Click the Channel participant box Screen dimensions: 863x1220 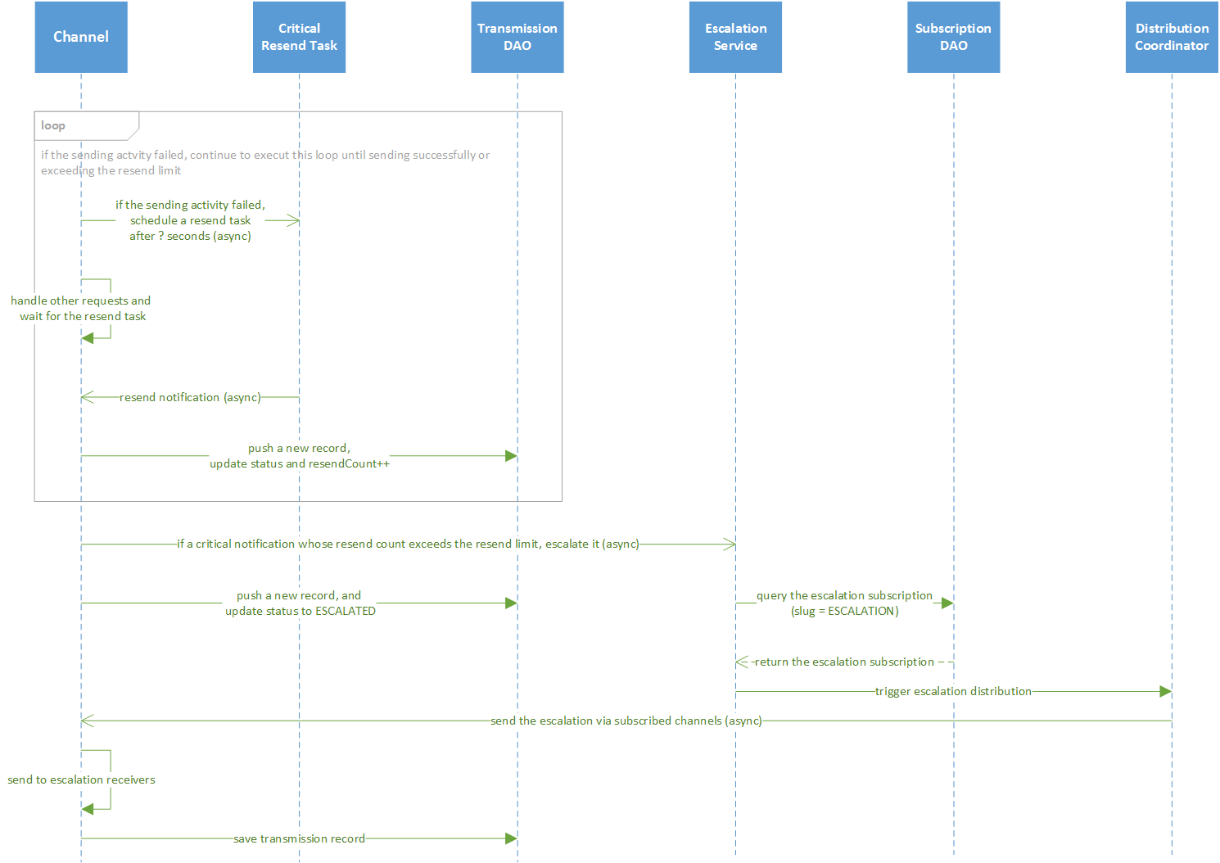click(81, 37)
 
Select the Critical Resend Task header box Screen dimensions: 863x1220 click(299, 37)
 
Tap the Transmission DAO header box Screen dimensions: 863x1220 click(517, 37)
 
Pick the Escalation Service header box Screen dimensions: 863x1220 click(735, 37)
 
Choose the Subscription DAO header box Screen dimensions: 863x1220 click(953, 37)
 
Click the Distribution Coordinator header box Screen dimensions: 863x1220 click(1172, 37)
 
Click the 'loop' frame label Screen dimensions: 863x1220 click(53, 125)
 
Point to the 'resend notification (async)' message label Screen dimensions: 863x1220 click(190, 397)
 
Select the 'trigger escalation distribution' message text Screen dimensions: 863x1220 click(953, 691)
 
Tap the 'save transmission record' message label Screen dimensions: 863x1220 click(299, 838)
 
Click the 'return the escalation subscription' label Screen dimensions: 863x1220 click(844, 662)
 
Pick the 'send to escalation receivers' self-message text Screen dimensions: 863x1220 click(81, 779)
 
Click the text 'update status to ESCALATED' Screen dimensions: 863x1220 click(300, 611)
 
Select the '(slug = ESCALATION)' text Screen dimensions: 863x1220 click(845, 611)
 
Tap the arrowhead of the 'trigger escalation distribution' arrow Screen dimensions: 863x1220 click(1166, 691)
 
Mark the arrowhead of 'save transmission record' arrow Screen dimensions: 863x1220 click(511, 838)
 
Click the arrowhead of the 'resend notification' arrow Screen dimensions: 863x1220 click(87, 397)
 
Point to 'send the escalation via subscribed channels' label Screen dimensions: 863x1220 click(626, 721)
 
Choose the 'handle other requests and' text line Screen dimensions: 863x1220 click(80, 300)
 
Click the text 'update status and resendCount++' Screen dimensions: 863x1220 click(300, 463)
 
